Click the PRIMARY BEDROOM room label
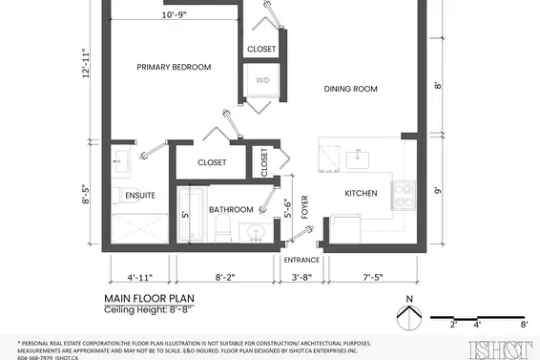point(174,67)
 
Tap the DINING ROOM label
point(351,89)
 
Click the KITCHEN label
point(362,194)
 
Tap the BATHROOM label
point(232,209)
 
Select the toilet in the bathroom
point(222,227)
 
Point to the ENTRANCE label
point(302,259)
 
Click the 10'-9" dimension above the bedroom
point(174,15)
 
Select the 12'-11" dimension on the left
point(88,65)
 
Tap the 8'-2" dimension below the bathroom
point(225,277)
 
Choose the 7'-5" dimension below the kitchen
point(373,277)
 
